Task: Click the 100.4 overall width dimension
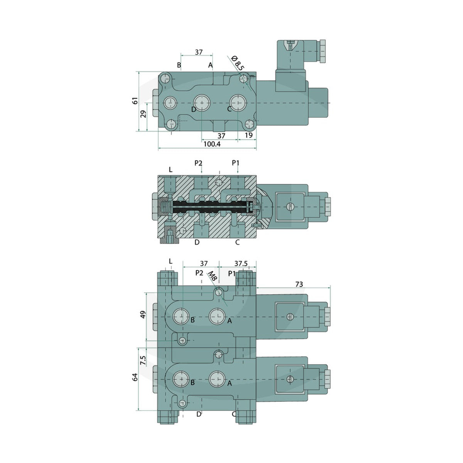click(212, 144)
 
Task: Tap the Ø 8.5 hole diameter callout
click(237, 63)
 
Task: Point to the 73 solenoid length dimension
click(299, 284)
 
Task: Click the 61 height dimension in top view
click(135, 101)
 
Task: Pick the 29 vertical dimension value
click(143, 114)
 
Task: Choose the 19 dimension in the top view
click(249, 135)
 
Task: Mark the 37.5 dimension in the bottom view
click(241, 264)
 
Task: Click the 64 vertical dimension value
click(135, 377)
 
